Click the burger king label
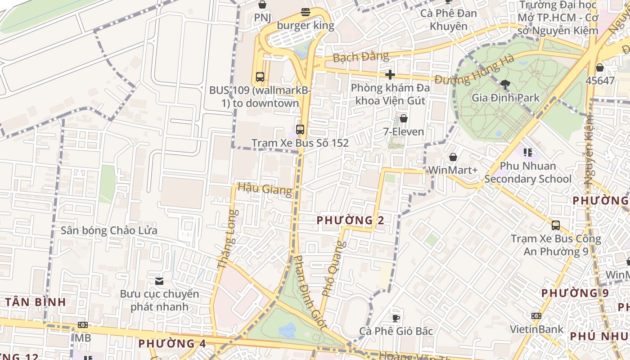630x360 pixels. pyautogui.click(x=306, y=26)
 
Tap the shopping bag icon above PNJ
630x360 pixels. pyautogui.click(x=262, y=4)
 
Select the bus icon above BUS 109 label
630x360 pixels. pyautogui.click(x=260, y=76)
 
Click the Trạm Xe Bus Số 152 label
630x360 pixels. pyautogui.click(x=300, y=143)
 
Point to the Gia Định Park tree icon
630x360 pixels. pyautogui.click(x=505, y=84)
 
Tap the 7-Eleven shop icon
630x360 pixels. pyautogui.click(x=404, y=118)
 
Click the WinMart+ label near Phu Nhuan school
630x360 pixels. pyautogui.click(x=453, y=170)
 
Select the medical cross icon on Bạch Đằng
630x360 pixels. pyautogui.click(x=390, y=75)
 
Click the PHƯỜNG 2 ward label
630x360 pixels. pyautogui.click(x=351, y=220)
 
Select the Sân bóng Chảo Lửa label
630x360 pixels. pyautogui.click(x=109, y=231)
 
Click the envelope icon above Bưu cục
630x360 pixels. pyautogui.click(x=159, y=281)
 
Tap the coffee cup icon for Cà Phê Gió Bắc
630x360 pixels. pyautogui.click(x=396, y=318)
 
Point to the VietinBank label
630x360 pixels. pyautogui.click(x=536, y=329)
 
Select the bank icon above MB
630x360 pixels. pyautogui.click(x=82, y=325)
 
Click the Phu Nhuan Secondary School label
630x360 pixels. pyautogui.click(x=528, y=172)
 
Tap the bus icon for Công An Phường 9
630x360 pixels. pyautogui.click(x=556, y=225)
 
